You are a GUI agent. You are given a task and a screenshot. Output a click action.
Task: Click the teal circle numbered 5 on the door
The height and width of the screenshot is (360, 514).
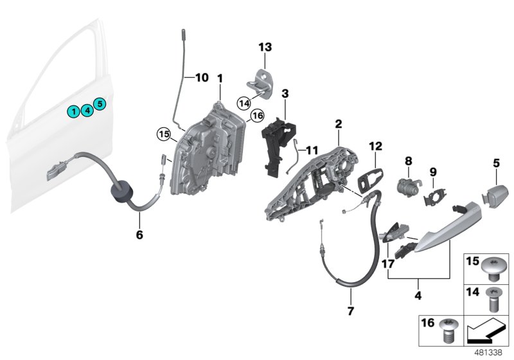click(x=100, y=104)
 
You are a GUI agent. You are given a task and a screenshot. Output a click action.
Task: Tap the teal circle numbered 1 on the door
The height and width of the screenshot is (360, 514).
click(x=75, y=112)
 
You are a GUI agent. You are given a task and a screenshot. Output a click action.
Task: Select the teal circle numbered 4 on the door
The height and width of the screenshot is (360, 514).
click(x=87, y=110)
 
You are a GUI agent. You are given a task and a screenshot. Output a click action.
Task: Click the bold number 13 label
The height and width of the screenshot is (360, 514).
click(x=265, y=47)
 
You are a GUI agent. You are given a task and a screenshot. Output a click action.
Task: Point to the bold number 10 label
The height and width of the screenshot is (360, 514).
click(x=202, y=78)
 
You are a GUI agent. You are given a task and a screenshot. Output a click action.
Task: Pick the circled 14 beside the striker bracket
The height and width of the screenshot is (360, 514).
click(x=244, y=102)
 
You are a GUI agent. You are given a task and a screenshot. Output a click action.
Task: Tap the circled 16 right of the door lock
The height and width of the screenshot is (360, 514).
click(x=257, y=116)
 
